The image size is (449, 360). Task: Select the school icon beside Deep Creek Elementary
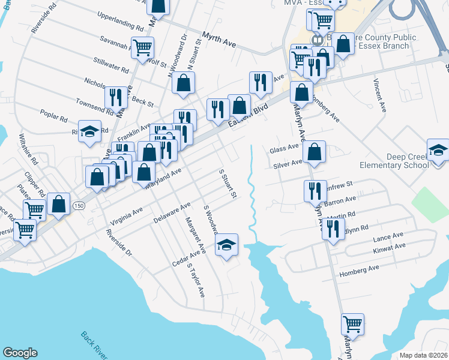point(438,151)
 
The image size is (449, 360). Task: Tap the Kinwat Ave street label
point(389,247)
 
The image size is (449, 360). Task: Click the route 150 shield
point(78,206)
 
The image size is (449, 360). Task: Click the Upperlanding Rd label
point(120,21)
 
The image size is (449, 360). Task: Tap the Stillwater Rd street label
point(112,65)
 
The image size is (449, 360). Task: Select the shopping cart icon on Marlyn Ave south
point(352,324)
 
